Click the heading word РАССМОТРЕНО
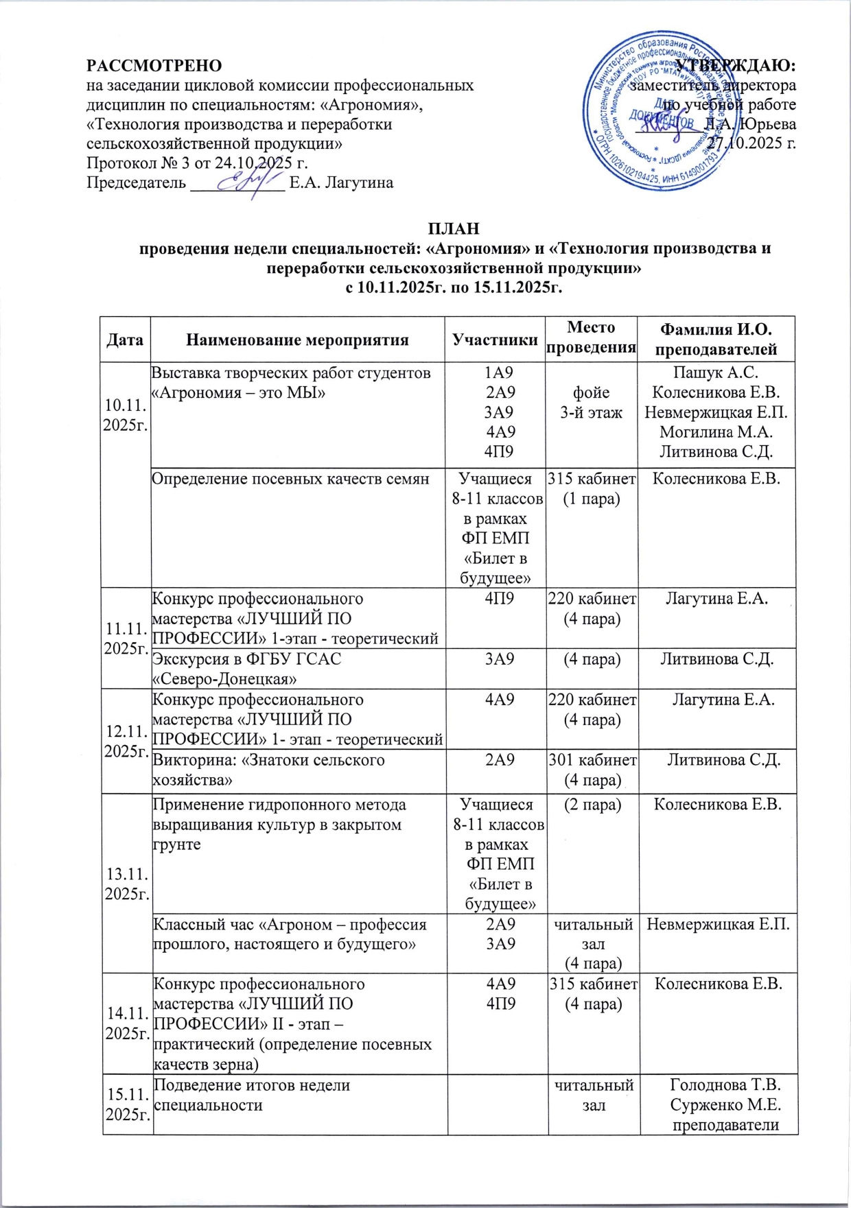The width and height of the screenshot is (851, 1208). [154, 66]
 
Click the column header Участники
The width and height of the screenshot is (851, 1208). [495, 340]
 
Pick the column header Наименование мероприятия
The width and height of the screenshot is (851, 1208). [297, 340]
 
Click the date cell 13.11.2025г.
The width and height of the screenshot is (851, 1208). [126, 884]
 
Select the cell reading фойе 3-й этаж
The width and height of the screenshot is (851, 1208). [591, 402]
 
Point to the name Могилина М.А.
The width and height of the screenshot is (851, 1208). [716, 432]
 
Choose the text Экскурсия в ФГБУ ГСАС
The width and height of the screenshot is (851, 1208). [246, 659]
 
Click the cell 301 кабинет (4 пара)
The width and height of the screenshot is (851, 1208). [592, 770]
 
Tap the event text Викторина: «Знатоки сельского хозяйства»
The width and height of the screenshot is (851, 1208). [268, 770]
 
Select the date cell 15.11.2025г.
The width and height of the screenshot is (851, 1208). [126, 1105]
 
